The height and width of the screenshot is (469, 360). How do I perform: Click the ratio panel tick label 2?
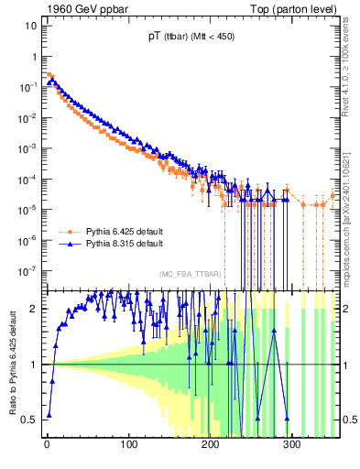[x=34, y=308]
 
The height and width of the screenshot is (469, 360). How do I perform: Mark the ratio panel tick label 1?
[x=34, y=364]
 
